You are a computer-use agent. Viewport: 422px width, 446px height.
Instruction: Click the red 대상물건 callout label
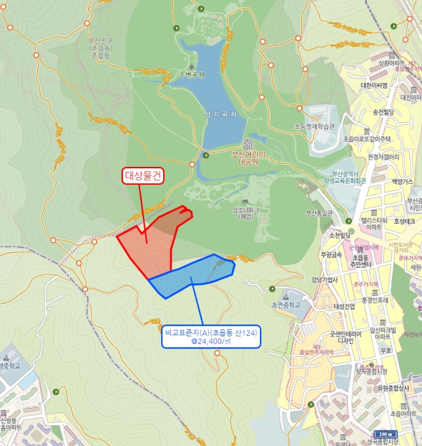coord(143,176)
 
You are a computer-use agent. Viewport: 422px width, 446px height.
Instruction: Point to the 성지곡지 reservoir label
coord(221,115)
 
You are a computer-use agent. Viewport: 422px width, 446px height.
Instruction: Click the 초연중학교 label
coord(286,305)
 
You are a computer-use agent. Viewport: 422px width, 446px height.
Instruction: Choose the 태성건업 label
coord(347,306)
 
